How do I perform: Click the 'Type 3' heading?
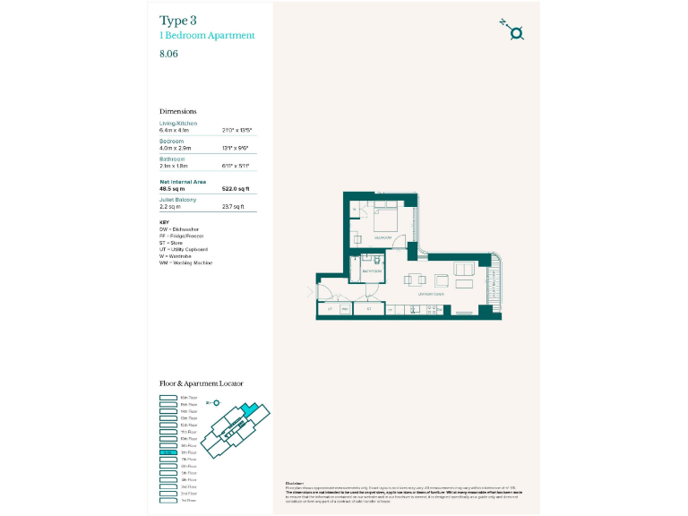[x=179, y=20]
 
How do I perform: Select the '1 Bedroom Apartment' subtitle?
[x=207, y=36]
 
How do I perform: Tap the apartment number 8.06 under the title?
[x=169, y=53]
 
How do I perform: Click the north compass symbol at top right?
[x=515, y=32]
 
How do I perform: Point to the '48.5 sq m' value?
[x=172, y=189]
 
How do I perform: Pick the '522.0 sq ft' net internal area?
[x=235, y=189]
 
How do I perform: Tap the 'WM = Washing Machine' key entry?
[x=185, y=262]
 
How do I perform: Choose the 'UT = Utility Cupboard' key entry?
[x=184, y=248]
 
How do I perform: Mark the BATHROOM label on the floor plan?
[x=372, y=270]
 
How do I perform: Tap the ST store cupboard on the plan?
[x=369, y=309]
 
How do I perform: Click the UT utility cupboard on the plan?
[x=330, y=309]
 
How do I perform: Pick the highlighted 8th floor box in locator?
[x=168, y=452]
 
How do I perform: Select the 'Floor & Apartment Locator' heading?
[x=201, y=383]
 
